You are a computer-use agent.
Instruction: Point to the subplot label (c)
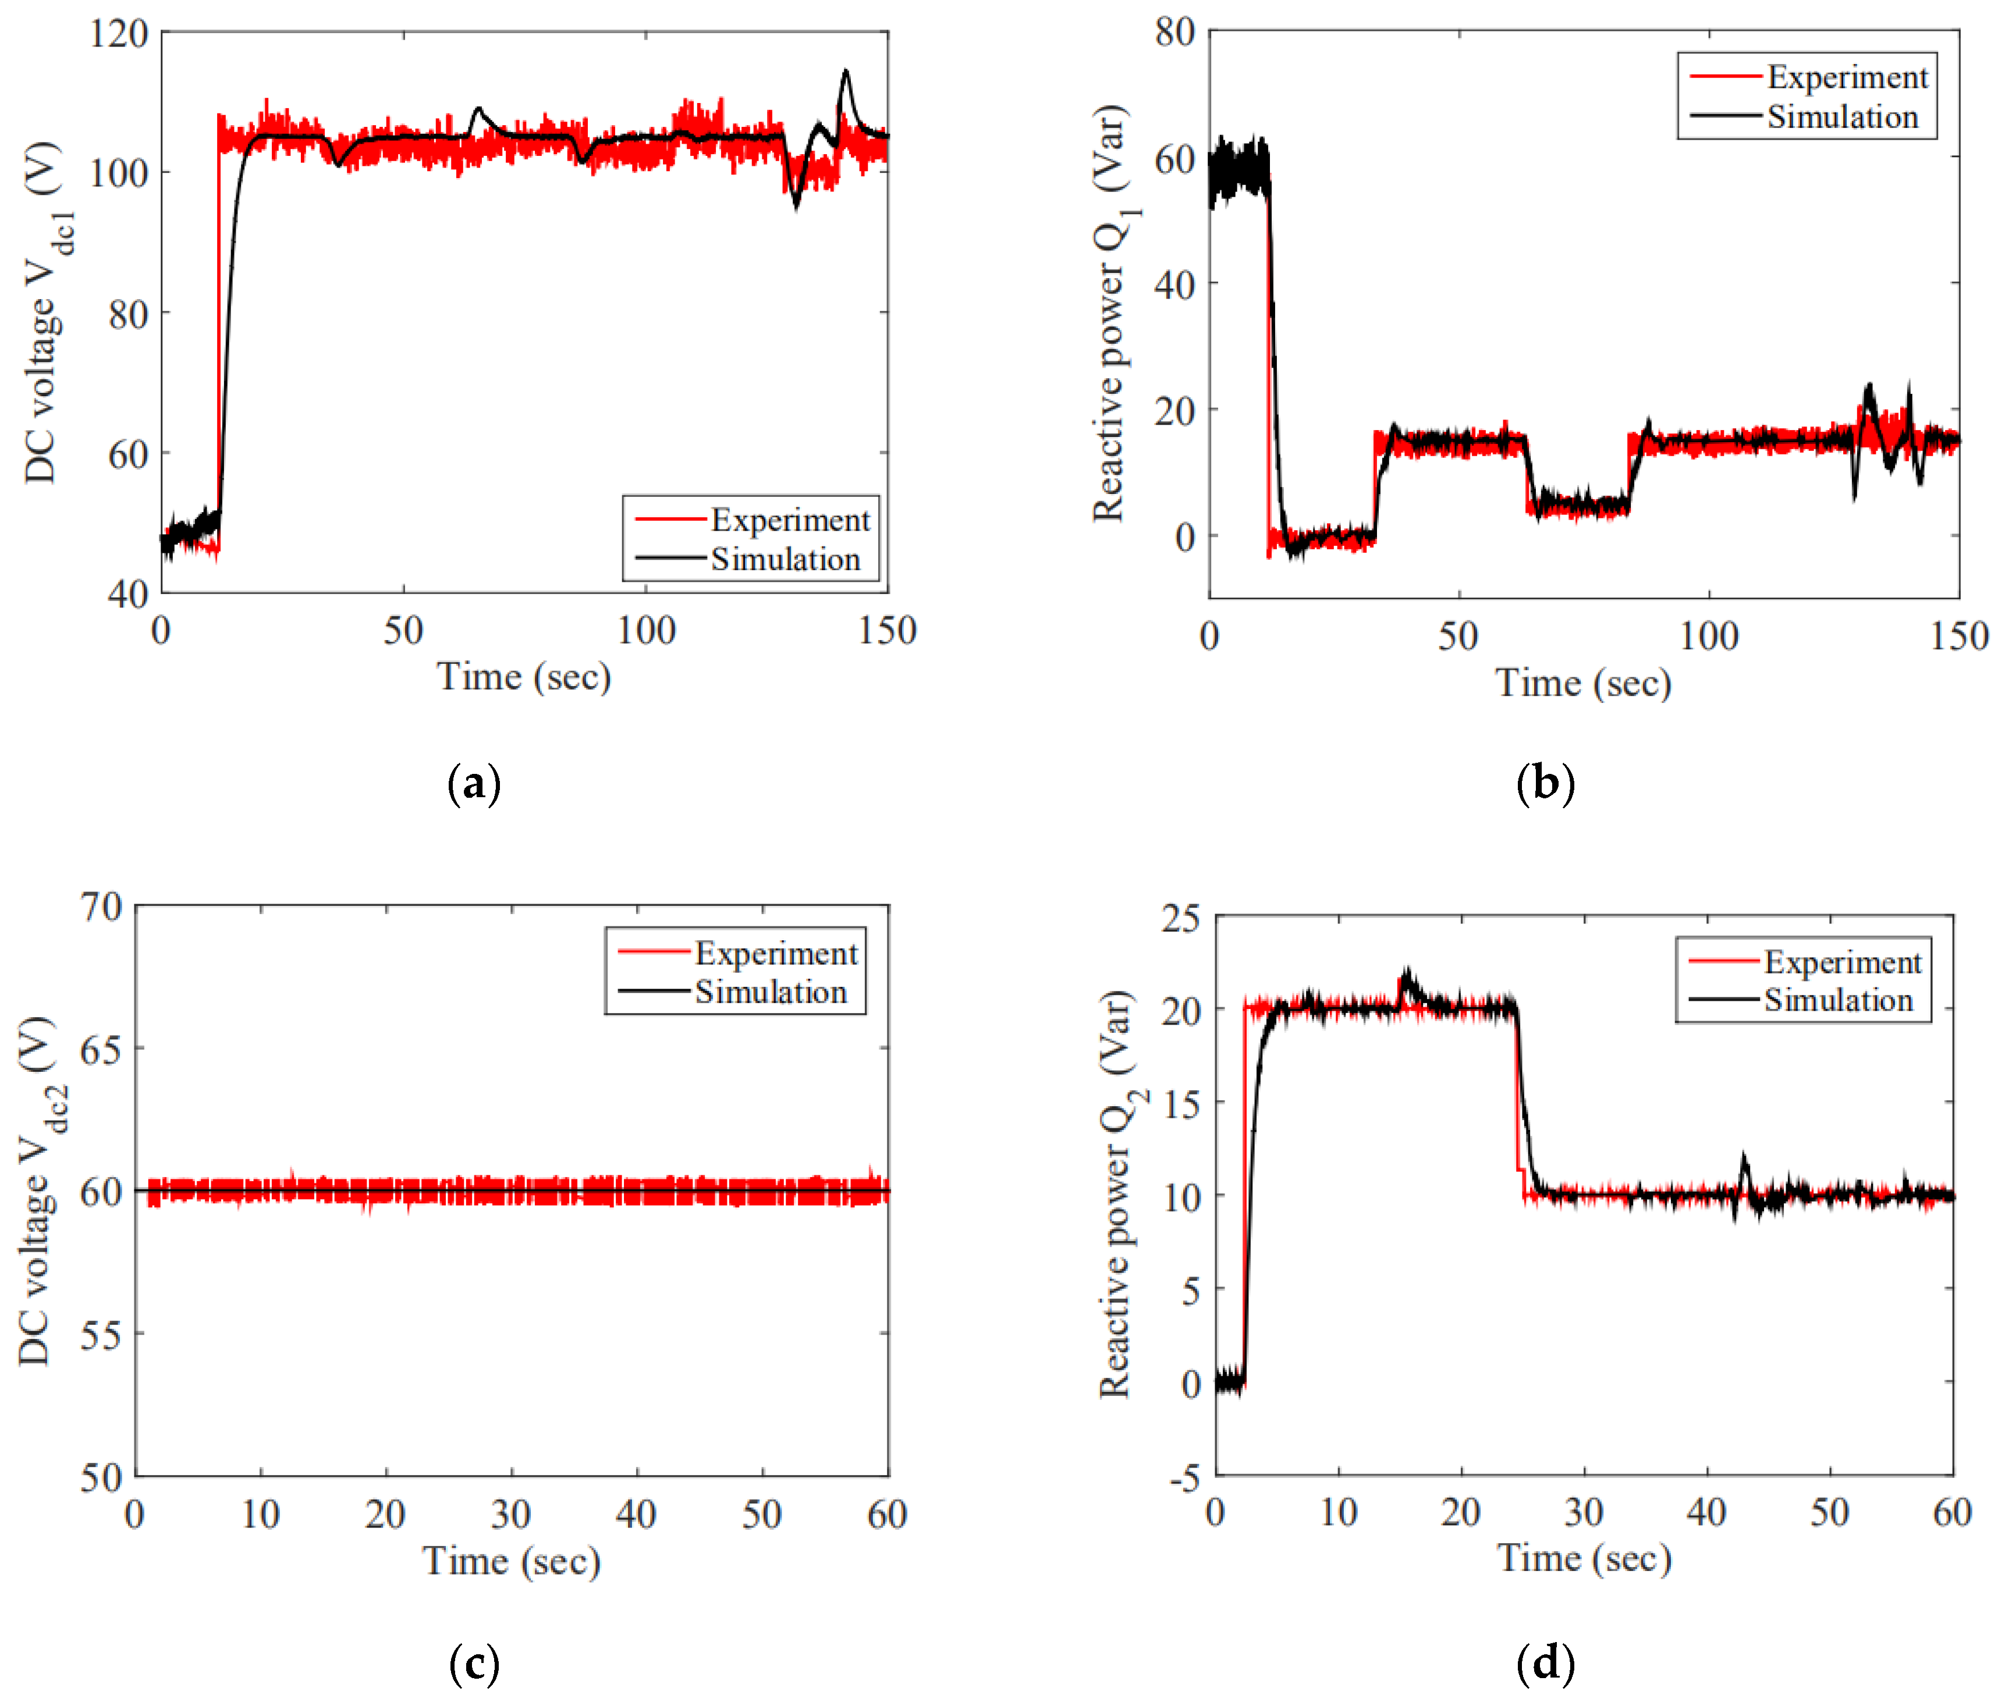[474, 1664]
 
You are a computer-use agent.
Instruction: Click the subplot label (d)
[1545, 1664]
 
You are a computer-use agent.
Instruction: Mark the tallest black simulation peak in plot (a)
[846, 72]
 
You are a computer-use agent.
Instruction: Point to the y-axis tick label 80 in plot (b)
[1174, 31]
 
